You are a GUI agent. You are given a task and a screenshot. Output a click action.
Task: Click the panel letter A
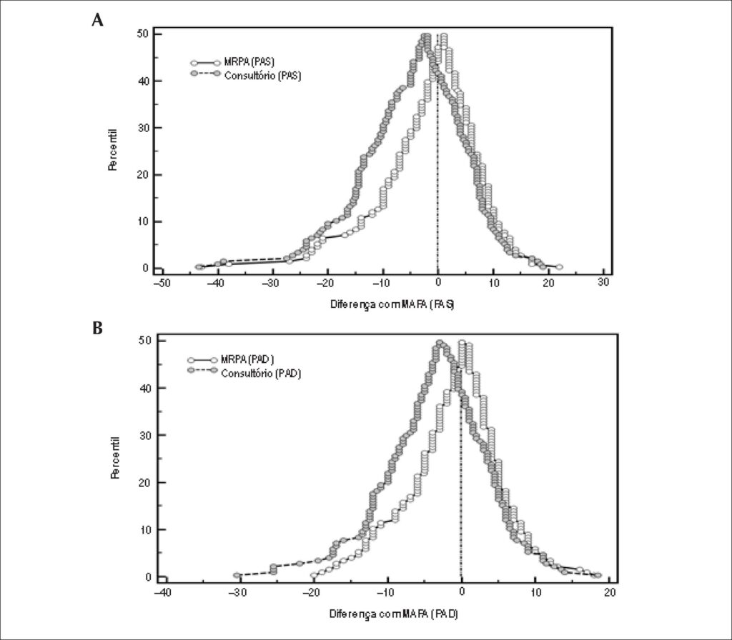pos(97,20)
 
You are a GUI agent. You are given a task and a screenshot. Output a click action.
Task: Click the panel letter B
pos(97,329)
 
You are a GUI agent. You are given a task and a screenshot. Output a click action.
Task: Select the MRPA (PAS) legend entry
pos(232,62)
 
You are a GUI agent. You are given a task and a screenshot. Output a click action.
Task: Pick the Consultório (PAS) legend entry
pos(246,75)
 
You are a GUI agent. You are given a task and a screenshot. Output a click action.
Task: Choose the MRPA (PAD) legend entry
pos(231,360)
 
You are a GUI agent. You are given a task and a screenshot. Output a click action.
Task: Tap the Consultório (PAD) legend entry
pos(244,373)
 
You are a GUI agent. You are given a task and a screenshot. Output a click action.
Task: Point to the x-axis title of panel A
pos(392,304)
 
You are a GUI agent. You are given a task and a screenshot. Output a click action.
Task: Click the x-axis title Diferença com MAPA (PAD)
pos(394,614)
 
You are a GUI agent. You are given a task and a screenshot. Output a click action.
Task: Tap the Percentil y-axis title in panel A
pos(112,150)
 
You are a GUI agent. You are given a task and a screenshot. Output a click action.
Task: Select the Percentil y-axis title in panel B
pos(116,458)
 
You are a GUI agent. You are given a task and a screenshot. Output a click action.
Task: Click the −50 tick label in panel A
pos(161,283)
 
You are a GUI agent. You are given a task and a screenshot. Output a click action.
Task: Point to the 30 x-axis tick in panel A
pos(603,283)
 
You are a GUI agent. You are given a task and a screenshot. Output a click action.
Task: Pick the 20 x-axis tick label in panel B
pos(610,592)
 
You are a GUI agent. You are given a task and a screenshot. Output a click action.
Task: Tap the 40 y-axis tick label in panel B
pos(146,388)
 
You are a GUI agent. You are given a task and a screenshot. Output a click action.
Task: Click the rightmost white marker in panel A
pos(559,267)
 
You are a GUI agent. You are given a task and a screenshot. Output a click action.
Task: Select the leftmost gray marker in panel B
pos(237,575)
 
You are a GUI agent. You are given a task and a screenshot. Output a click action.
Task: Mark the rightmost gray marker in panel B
pos(598,575)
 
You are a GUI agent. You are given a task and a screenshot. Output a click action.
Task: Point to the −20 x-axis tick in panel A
pos(327,283)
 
